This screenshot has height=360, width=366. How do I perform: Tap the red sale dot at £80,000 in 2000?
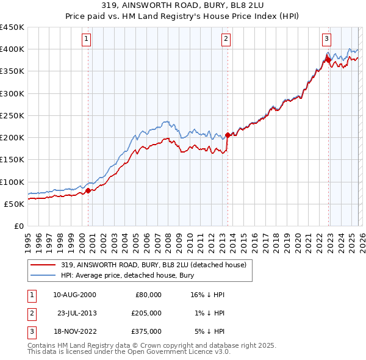coord(88,190)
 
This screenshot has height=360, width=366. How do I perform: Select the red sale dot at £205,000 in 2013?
coord(228,135)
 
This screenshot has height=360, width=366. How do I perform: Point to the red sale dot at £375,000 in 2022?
coord(328,60)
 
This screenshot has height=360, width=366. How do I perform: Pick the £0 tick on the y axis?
coord(20,226)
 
